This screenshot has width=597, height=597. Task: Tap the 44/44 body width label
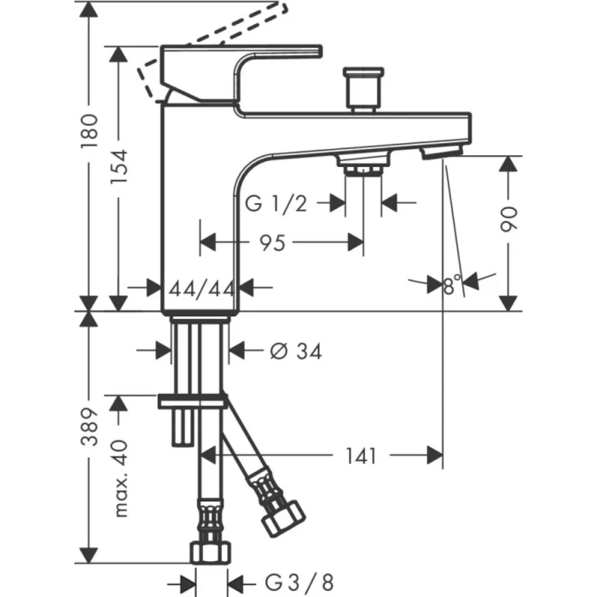(201, 288)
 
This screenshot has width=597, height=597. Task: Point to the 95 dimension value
(271, 244)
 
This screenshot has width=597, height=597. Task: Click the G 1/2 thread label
(275, 203)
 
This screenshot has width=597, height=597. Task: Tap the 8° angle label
(452, 284)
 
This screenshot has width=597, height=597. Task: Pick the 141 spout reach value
(361, 456)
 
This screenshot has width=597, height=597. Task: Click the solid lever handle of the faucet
(247, 64)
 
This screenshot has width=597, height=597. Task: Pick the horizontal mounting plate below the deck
(194, 400)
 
